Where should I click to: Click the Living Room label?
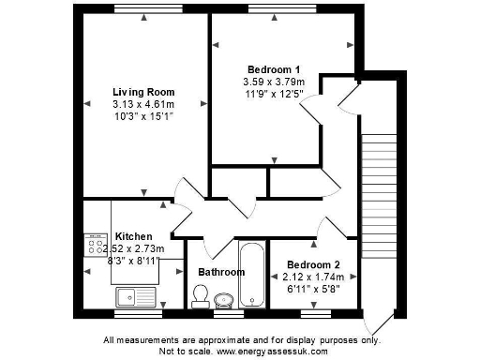tap(144, 92)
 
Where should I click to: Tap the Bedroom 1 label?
tap(273, 70)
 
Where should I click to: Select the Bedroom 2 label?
tap(313, 265)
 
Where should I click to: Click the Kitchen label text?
tap(133, 236)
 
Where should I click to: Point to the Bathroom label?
tap(221, 273)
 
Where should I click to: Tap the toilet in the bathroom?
tap(199, 296)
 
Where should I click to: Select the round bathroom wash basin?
tap(224, 301)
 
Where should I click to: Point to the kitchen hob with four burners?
tap(96, 246)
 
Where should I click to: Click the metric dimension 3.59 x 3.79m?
tap(273, 82)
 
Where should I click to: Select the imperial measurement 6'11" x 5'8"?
tap(314, 289)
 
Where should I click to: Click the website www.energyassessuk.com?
tap(271, 351)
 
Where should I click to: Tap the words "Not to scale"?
tap(186, 351)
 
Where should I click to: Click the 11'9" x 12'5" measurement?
tap(273, 94)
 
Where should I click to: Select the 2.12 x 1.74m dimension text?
tap(314, 277)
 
